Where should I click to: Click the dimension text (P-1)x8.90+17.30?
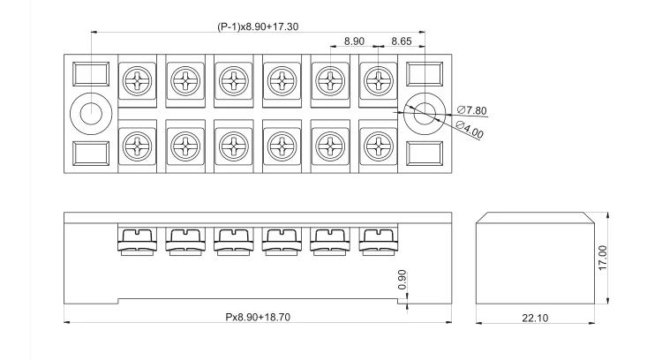tap(258, 26)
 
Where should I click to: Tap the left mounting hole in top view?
tap(91, 113)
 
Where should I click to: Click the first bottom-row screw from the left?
tap(139, 144)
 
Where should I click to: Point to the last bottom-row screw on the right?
tap(378, 144)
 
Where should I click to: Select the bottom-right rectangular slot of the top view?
tap(425, 154)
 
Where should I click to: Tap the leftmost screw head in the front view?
tap(139, 239)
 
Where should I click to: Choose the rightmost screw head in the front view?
tap(378, 239)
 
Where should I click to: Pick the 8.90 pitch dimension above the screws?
tap(354, 41)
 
